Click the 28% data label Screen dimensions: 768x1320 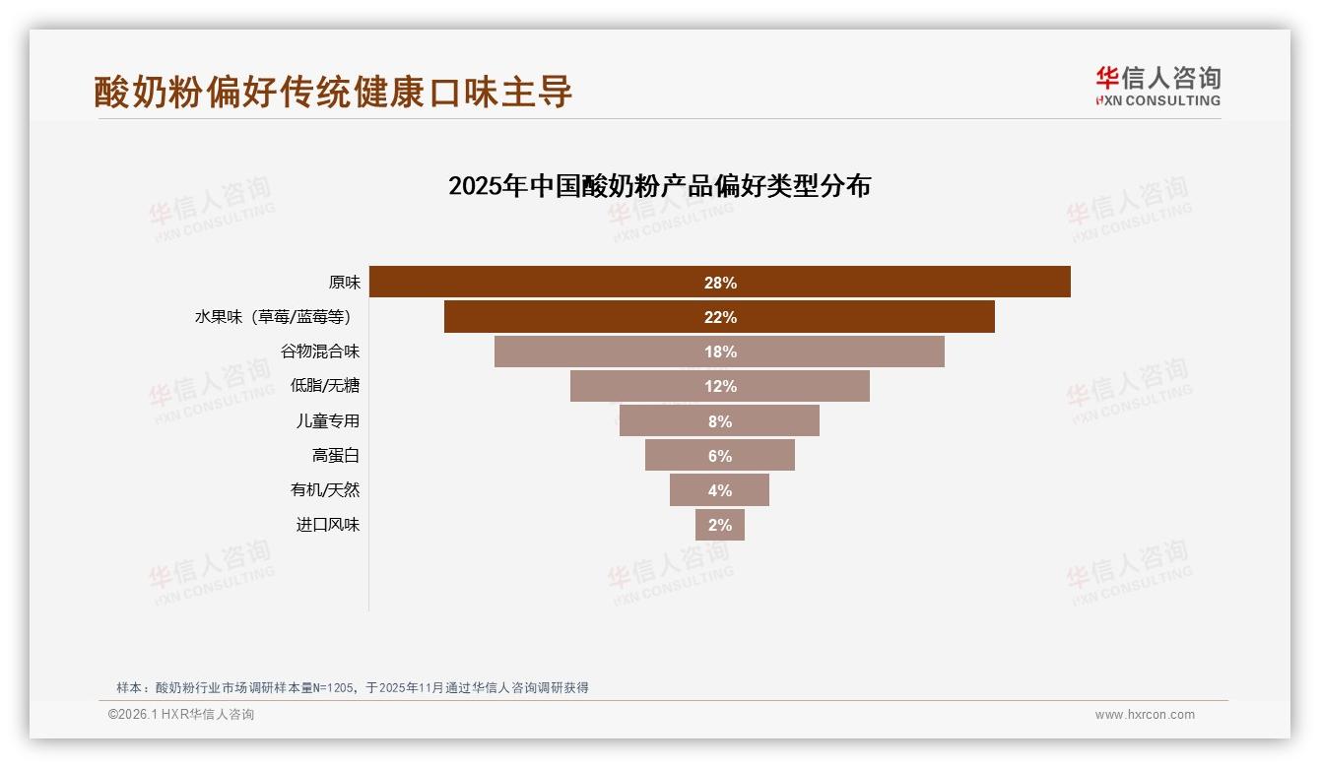720,283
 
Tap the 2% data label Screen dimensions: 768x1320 720,525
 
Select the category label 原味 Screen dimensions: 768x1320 344,283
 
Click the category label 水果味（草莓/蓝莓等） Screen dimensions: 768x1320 273,317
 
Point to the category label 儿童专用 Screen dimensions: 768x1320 328,420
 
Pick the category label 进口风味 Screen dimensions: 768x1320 328,525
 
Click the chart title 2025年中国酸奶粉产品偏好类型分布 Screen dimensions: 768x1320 659,186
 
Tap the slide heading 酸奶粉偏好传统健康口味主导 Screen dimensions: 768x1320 333,92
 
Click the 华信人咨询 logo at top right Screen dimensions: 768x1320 1157,87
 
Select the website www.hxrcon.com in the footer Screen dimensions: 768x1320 1144,715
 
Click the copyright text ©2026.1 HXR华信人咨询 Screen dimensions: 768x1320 180,715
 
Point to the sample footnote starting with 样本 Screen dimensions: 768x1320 352,687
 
